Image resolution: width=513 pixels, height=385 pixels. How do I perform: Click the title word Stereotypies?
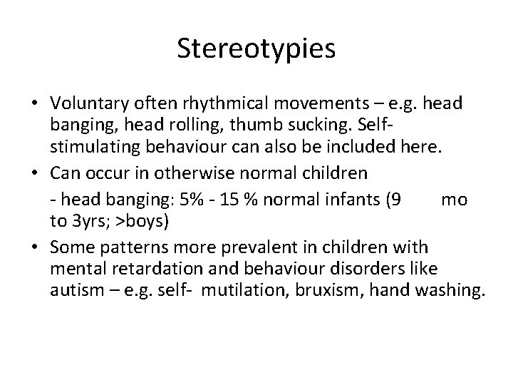pos(256,51)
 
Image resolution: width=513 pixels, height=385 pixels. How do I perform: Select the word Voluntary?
pos(85,103)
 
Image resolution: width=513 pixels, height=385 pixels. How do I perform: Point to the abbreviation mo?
pos(454,200)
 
